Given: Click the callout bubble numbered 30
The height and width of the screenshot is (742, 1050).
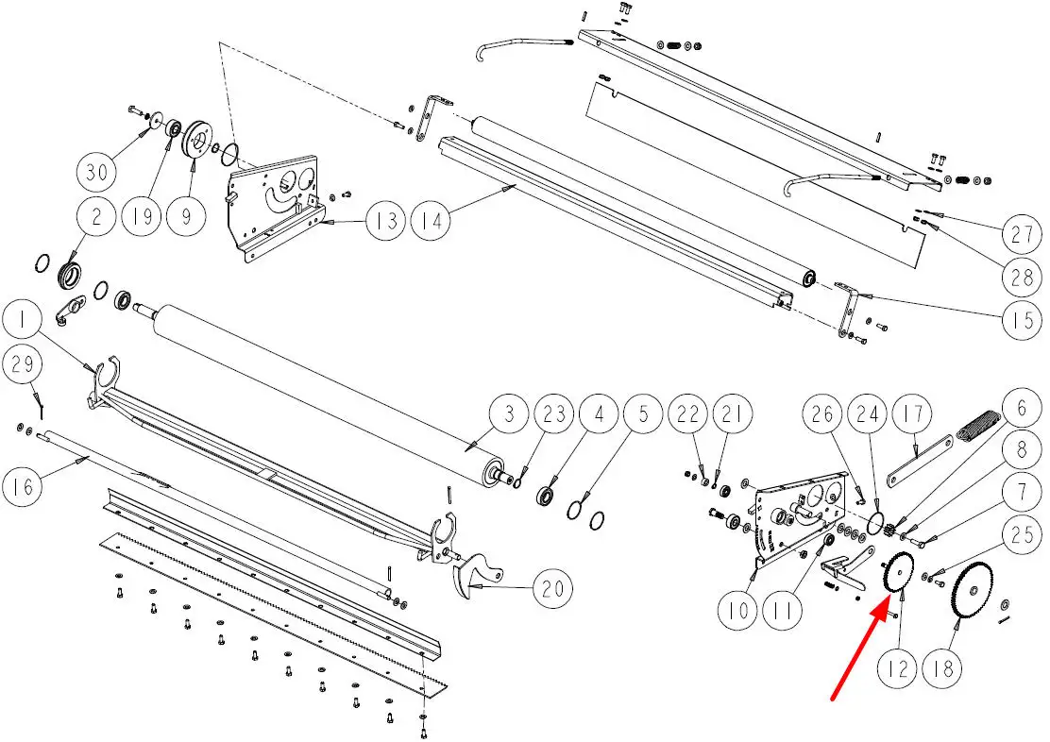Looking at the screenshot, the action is coord(96,173).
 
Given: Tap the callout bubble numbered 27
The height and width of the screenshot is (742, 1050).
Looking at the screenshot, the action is coord(1022,234).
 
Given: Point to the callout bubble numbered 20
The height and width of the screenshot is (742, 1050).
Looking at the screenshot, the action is coord(553,589).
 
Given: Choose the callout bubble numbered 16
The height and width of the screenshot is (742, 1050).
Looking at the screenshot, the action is coord(24,486).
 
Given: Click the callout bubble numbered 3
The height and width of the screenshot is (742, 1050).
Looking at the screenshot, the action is coord(510,413).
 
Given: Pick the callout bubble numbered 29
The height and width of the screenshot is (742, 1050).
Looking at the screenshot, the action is coord(23,363).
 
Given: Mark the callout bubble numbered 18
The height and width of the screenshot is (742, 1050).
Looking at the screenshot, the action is coord(943,667).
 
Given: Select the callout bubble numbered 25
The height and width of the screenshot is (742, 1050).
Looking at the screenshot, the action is coord(1022,536).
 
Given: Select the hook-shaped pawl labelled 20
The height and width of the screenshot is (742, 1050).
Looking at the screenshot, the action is coord(478,577).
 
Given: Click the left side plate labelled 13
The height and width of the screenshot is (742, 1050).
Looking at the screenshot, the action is coord(275,201).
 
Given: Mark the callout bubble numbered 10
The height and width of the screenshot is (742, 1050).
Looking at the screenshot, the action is coord(737,610).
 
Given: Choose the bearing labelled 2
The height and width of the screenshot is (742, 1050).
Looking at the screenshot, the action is coord(70,276).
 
